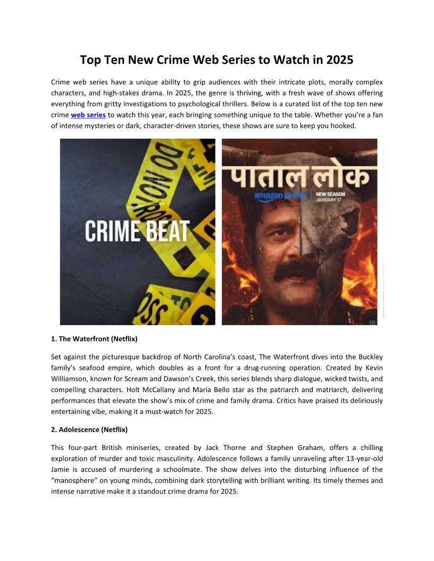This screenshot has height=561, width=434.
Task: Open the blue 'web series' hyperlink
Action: pos(88,115)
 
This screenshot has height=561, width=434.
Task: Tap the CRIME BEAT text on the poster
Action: pos(137,231)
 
